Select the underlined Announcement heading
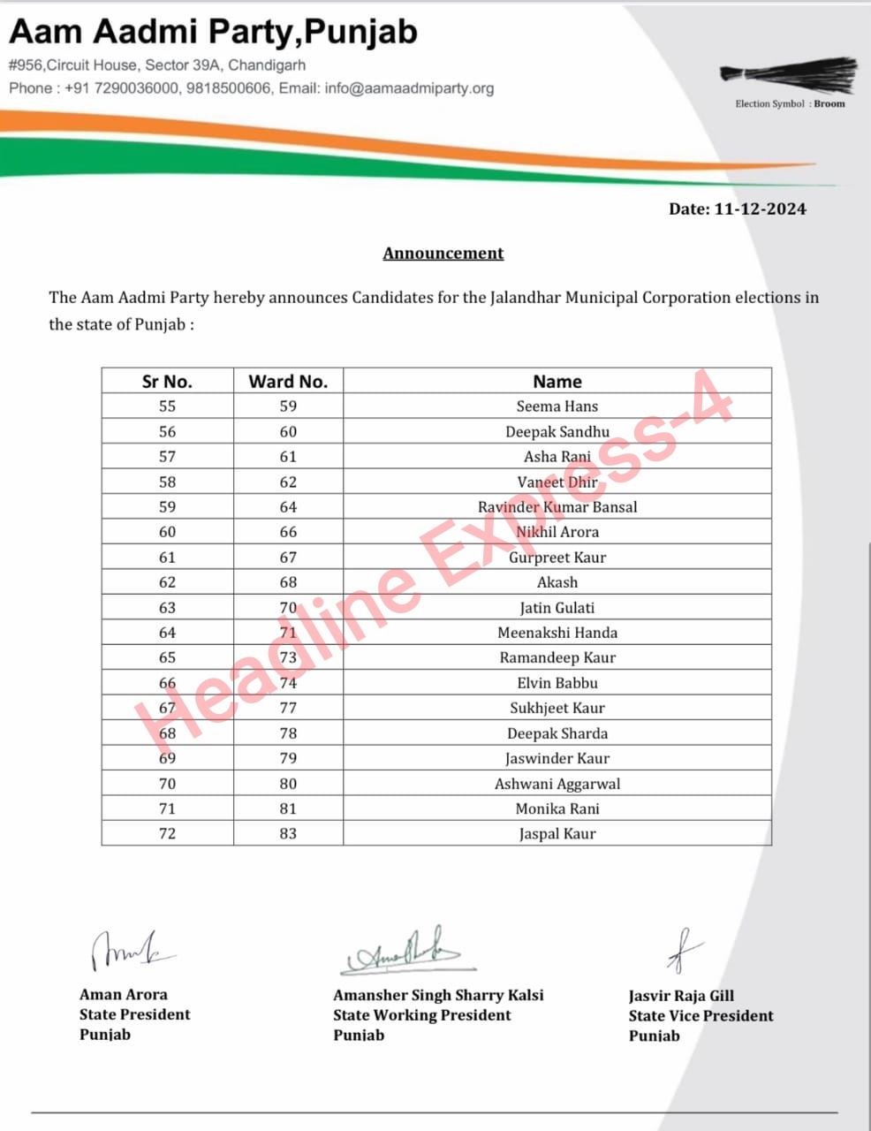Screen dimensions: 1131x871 pyautogui.click(x=443, y=254)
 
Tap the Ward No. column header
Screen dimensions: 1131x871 pyautogui.click(x=288, y=382)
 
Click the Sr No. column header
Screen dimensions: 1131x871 pyautogui.click(x=167, y=382)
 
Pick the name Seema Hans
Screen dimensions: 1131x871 pyautogui.click(x=557, y=406)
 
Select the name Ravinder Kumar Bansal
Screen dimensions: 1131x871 pyautogui.click(x=557, y=507)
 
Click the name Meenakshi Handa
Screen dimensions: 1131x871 pyautogui.click(x=557, y=633)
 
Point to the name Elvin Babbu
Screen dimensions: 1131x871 pyautogui.click(x=557, y=683)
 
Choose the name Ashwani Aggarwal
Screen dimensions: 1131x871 pyautogui.click(x=557, y=784)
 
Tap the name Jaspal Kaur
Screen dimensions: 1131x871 pyautogui.click(x=557, y=834)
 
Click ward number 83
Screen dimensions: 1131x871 pyautogui.click(x=288, y=834)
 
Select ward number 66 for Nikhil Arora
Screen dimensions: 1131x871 pyautogui.click(x=288, y=532)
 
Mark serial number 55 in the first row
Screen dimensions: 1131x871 pyautogui.click(x=167, y=406)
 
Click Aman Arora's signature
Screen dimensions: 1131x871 pyautogui.click(x=128, y=951)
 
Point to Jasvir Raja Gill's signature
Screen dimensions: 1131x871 pyautogui.click(x=684, y=951)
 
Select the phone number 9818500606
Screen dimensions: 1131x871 pyautogui.click(x=229, y=88)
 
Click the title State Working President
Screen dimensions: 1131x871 pyautogui.click(x=421, y=1015)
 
